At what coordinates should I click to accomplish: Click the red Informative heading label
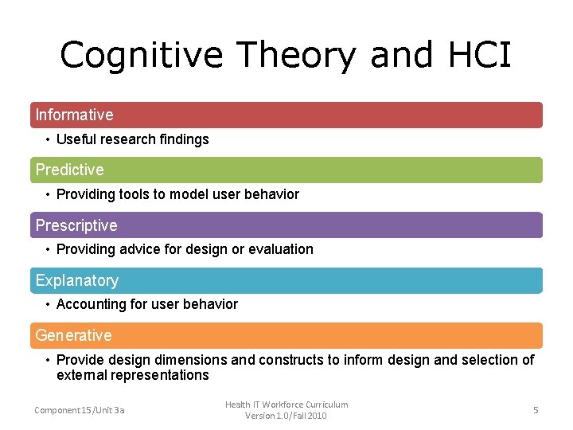(74, 115)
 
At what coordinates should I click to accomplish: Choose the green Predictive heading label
(69, 170)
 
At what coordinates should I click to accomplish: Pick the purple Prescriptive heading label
(76, 225)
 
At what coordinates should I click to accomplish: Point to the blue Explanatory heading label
(76, 280)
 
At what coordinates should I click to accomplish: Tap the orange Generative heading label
(73, 335)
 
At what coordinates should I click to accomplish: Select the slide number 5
(536, 409)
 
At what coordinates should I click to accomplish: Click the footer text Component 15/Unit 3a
(80, 410)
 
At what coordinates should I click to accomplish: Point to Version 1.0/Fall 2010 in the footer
(286, 416)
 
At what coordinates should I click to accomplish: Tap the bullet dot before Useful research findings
(48, 139)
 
